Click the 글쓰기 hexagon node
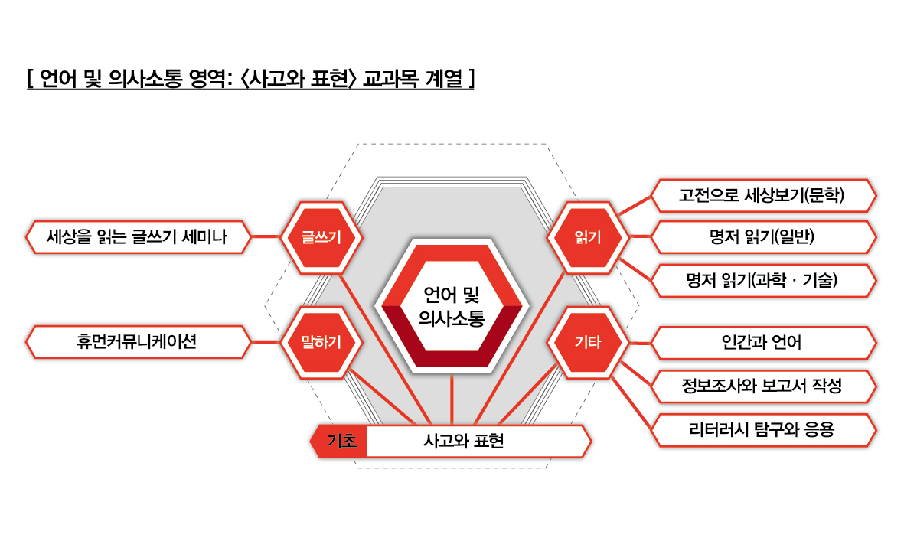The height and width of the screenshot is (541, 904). pyautogui.click(x=321, y=237)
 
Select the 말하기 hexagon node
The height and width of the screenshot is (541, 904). pyautogui.click(x=321, y=342)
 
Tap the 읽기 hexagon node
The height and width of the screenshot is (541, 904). pyautogui.click(x=588, y=237)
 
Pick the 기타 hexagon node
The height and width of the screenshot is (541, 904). pyautogui.click(x=588, y=342)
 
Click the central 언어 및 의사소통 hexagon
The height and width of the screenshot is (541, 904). pyautogui.click(x=452, y=306)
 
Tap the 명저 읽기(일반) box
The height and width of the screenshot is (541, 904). pyautogui.click(x=763, y=236)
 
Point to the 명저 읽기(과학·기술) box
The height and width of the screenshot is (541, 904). pyautogui.click(x=763, y=281)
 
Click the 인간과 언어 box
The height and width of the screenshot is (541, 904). pyautogui.click(x=763, y=343)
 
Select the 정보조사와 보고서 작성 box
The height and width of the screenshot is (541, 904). pyautogui.click(x=763, y=386)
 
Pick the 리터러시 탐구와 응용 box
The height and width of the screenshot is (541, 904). pyautogui.click(x=763, y=430)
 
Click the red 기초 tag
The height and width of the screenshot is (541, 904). pyautogui.click(x=340, y=442)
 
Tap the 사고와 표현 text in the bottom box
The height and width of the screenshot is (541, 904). pyautogui.click(x=464, y=442)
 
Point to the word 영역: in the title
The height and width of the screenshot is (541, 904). pyautogui.click(x=211, y=78)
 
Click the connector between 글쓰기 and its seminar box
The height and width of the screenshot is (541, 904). pyautogui.click(x=266, y=236)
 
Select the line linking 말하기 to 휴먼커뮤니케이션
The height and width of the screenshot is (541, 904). pyautogui.click(x=266, y=342)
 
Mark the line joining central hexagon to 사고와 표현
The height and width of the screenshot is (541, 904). pyautogui.click(x=452, y=400)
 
